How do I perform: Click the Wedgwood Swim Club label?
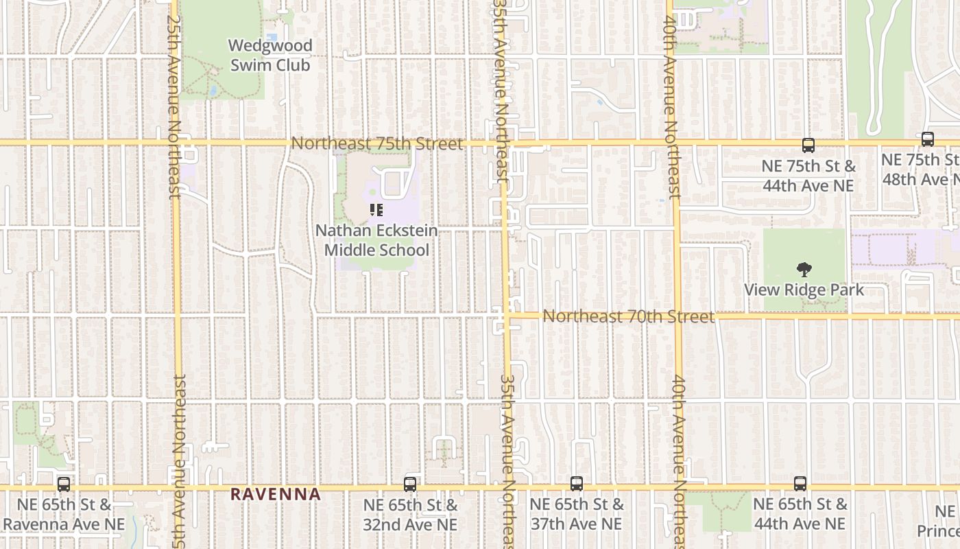270,56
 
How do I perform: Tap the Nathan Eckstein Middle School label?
376,240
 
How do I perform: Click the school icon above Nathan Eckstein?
376,210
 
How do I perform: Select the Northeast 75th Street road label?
377,143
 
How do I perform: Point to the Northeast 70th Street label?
628,316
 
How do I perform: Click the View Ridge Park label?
804,290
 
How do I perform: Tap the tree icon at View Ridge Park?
804,270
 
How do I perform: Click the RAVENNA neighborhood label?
276,494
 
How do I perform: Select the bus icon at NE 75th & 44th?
808,145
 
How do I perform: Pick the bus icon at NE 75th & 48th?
928,139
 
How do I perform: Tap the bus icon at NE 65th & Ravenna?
64,484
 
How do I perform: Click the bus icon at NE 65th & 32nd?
410,484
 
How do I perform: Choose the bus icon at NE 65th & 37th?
577,484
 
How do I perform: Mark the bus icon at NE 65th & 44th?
800,484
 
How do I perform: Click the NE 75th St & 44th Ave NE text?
808,176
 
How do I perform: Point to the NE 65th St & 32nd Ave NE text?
410,515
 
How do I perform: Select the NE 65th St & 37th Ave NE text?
577,514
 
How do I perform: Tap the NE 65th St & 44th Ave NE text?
800,514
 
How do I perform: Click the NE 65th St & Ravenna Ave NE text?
64,515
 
